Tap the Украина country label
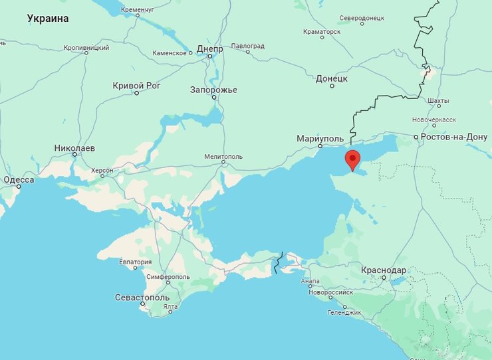point(48,19)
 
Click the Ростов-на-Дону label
point(454,137)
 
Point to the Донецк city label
point(331,78)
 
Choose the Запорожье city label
point(213,90)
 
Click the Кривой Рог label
point(136,85)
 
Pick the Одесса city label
point(19,179)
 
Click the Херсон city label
point(102,171)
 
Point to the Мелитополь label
point(223,157)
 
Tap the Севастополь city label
point(142,297)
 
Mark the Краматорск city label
point(321,31)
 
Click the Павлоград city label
point(247,46)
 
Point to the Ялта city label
point(170,306)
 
